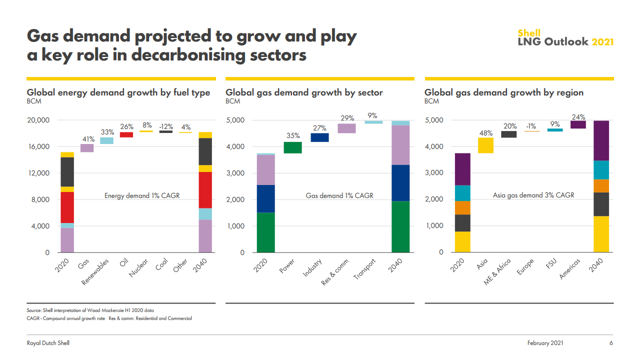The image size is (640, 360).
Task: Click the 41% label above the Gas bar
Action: pyautogui.click(x=88, y=139)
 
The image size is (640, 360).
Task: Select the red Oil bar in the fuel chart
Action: pyautogui.click(x=126, y=134)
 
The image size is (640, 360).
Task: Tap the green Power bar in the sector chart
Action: pyautogui.click(x=292, y=147)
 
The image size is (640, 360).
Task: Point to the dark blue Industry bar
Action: pyautogui.click(x=320, y=137)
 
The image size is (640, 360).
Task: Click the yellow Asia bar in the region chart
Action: pyautogui.click(x=485, y=145)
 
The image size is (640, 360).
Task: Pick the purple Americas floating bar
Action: pyautogui.click(x=578, y=124)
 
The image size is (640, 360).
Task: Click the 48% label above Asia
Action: pyautogui.click(x=485, y=133)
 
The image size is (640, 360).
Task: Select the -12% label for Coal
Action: pyautogui.click(x=166, y=126)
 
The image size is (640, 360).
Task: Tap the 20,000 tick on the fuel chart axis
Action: pyautogui.click(x=38, y=120)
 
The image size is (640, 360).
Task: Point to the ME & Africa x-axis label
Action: pyautogui.click(x=497, y=272)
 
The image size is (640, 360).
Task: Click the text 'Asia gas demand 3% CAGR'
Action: pyautogui.click(x=533, y=195)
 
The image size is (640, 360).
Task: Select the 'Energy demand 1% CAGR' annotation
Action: pyautogui.click(x=142, y=196)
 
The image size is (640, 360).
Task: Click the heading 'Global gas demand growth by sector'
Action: pyautogui.click(x=304, y=92)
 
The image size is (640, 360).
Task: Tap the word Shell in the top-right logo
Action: pyautogui.click(x=529, y=33)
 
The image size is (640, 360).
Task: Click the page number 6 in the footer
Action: pyautogui.click(x=611, y=343)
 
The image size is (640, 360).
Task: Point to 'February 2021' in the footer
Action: pyautogui.click(x=545, y=343)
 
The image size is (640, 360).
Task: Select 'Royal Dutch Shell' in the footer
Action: pyautogui.click(x=48, y=343)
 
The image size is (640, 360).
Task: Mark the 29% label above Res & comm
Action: pyautogui.click(x=347, y=118)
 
